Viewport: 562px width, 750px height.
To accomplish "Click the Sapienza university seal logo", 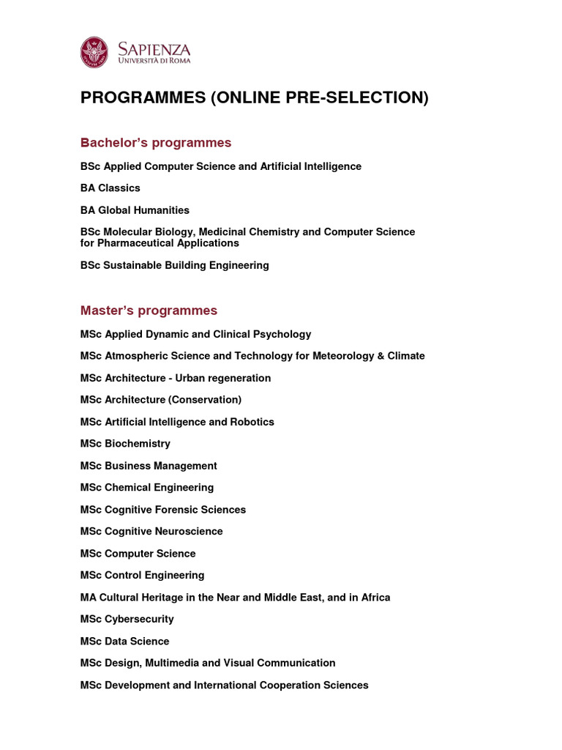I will point(94,52).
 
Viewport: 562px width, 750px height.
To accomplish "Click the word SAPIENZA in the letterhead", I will point(154,49).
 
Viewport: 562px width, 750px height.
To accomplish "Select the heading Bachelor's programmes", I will point(156,142).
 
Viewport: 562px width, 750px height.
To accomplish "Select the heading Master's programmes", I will point(149,311).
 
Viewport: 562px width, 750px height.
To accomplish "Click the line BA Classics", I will point(110,188).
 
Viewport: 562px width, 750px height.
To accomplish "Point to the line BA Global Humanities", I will point(135,210).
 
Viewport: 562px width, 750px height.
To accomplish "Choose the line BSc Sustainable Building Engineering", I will point(175,265).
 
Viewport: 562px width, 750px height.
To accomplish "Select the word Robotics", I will point(252,422).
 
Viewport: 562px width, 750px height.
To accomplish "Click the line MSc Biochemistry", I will point(125,444).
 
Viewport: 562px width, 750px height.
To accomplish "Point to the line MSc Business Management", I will point(149,466).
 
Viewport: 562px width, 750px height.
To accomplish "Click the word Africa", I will point(373,598).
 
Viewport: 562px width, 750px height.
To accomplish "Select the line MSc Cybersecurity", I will point(127,620).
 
